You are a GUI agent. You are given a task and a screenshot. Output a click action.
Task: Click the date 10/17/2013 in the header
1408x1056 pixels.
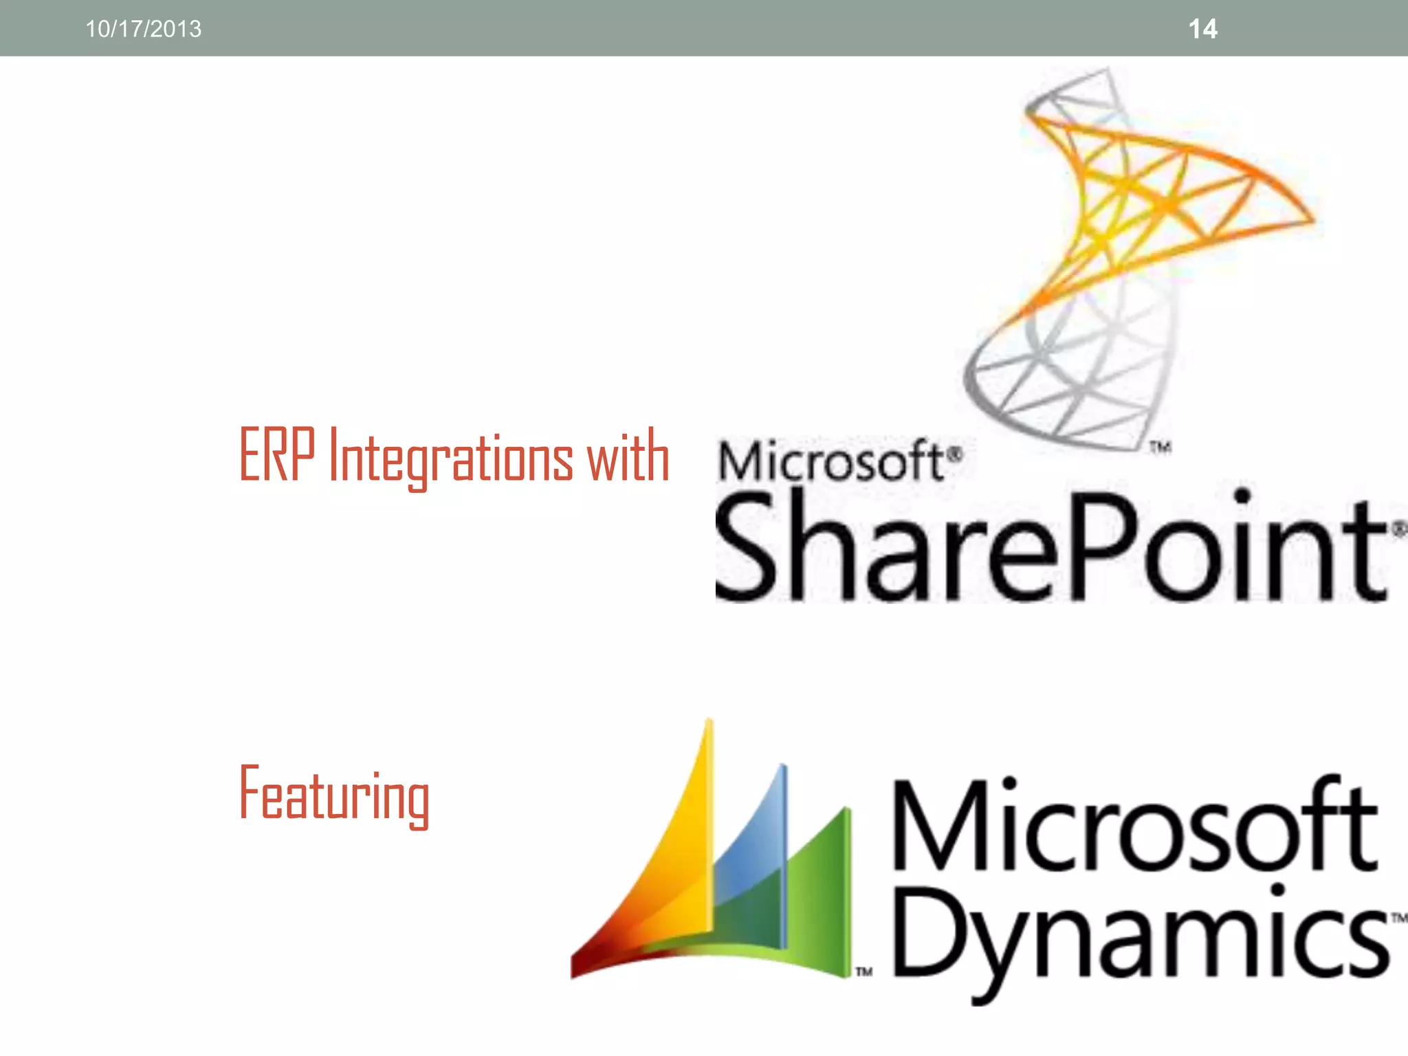tap(143, 29)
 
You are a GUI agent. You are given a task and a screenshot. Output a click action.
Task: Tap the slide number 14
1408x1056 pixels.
tap(1202, 29)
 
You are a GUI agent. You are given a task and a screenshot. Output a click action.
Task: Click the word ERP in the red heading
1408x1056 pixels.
tap(277, 455)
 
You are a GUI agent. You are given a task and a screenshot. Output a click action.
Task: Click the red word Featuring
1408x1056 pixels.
tap(334, 795)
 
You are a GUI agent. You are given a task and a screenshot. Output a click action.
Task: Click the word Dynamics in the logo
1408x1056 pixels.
tap(1141, 935)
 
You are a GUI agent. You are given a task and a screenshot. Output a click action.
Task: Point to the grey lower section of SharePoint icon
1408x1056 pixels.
tap(1072, 371)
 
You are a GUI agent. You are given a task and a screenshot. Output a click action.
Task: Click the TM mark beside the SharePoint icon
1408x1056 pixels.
tap(1160, 448)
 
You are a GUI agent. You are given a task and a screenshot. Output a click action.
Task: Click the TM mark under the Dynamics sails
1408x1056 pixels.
tap(864, 971)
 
